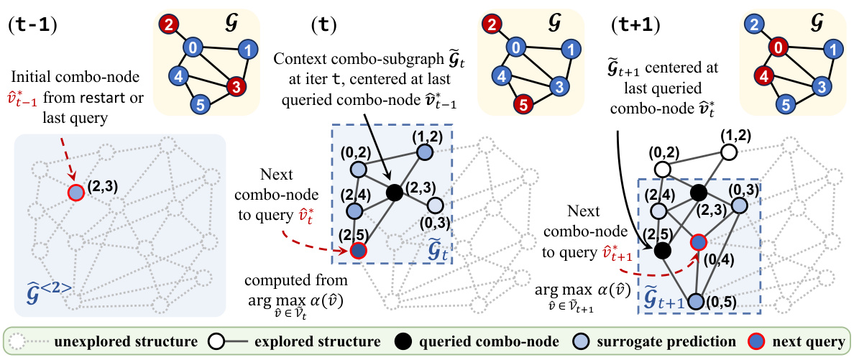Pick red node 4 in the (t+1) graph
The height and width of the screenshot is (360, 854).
point(765,75)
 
